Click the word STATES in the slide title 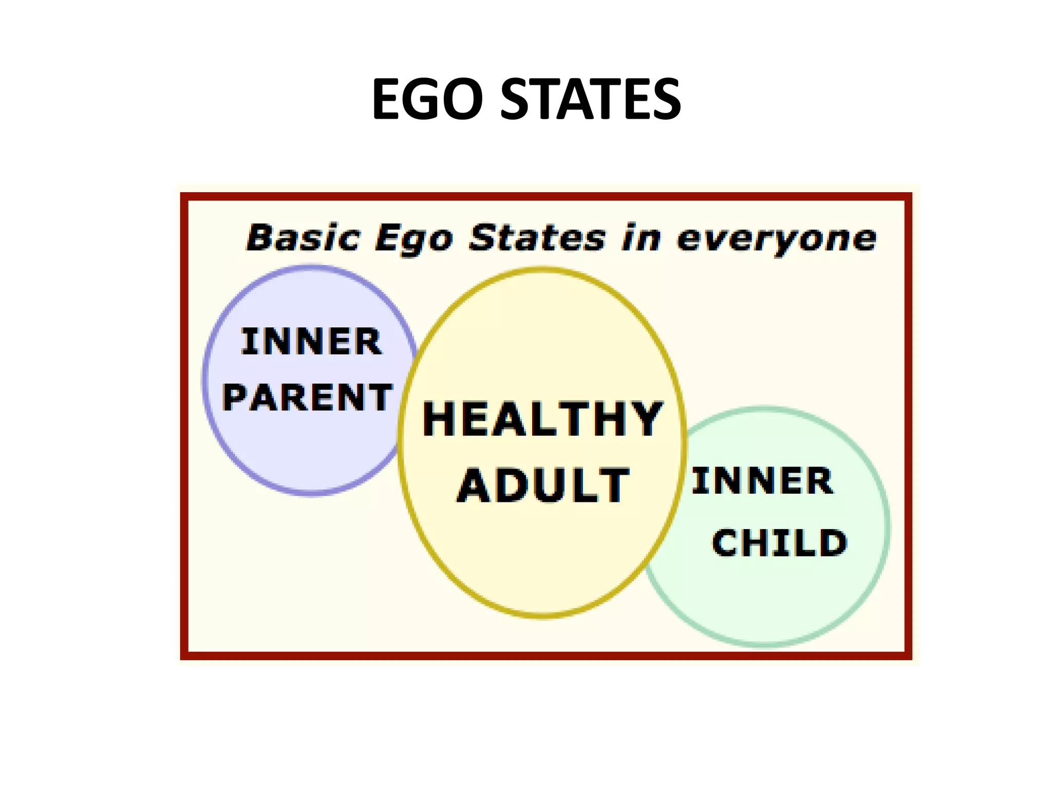pyautogui.click(x=591, y=99)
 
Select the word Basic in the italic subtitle pyautogui.click(x=303, y=238)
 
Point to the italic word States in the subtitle pyautogui.click(x=537, y=238)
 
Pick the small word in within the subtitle pyautogui.click(x=641, y=238)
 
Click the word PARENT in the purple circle pyautogui.click(x=307, y=398)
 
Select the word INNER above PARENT pyautogui.click(x=311, y=342)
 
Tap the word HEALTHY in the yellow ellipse pyautogui.click(x=542, y=419)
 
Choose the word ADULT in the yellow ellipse pyautogui.click(x=543, y=485)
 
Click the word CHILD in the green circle pyautogui.click(x=779, y=543)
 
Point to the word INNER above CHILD pyautogui.click(x=762, y=481)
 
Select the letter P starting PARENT pyautogui.click(x=236, y=398)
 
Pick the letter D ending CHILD pyautogui.click(x=833, y=543)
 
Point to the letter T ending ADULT pyautogui.click(x=615, y=485)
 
